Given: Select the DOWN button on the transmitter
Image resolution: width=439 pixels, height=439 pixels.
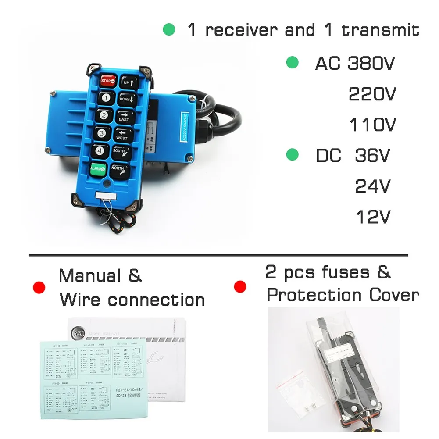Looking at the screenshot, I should click(x=125, y=100).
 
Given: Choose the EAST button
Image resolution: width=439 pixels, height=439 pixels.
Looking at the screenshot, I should click(x=124, y=117).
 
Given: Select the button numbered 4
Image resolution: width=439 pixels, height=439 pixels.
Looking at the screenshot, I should click(x=100, y=150).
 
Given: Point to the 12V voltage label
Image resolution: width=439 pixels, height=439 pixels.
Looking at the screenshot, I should click(x=372, y=217).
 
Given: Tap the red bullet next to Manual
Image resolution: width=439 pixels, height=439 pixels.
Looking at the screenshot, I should click(x=39, y=288).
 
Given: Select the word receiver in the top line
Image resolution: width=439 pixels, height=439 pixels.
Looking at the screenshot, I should click(x=242, y=30).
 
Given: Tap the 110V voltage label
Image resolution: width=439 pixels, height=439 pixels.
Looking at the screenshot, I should click(x=372, y=125).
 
